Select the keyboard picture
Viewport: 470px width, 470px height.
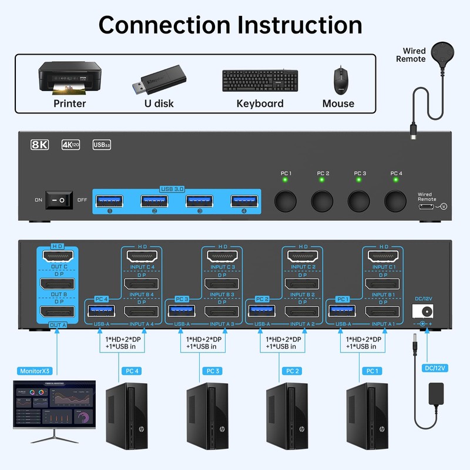(260, 80)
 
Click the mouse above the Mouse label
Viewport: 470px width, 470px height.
(340, 79)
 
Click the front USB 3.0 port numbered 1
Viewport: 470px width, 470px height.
(109, 201)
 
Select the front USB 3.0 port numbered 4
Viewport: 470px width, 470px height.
(243, 201)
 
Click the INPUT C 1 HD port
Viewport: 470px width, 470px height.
(384, 256)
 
